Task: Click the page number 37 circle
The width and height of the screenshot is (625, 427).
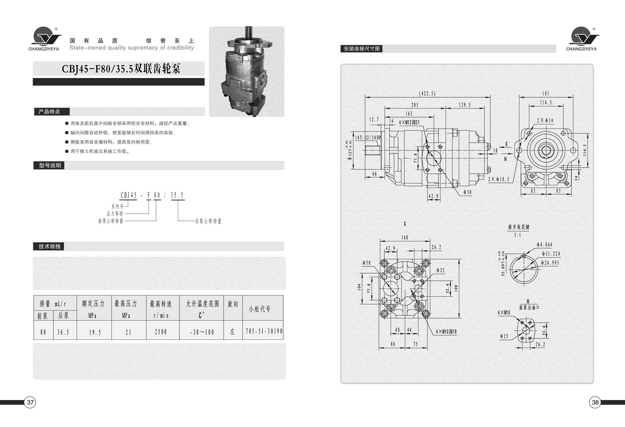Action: tap(30, 402)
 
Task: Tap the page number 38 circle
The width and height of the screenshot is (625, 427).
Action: tap(595, 402)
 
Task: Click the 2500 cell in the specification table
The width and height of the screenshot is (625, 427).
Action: tap(161, 332)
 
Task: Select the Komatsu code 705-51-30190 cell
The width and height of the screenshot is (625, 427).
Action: tap(264, 331)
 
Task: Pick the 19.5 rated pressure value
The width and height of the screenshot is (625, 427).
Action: tap(95, 332)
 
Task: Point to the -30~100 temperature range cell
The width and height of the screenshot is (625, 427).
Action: tap(202, 332)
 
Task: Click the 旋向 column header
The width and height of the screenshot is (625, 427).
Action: tap(233, 304)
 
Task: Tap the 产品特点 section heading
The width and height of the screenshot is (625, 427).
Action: tap(49, 112)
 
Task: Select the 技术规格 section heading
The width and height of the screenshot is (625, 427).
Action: tap(49, 246)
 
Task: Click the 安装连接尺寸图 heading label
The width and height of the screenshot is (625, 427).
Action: tap(362, 49)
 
